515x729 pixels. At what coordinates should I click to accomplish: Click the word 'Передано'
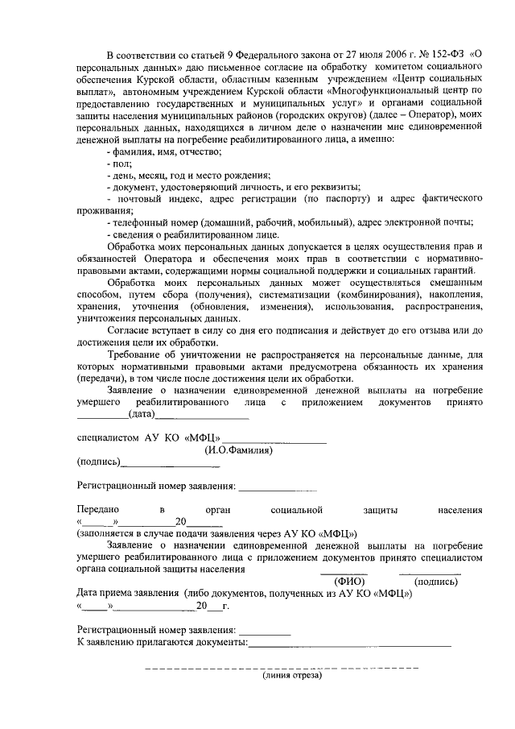coord(97,509)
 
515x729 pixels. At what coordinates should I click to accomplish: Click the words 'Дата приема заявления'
coord(128,593)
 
